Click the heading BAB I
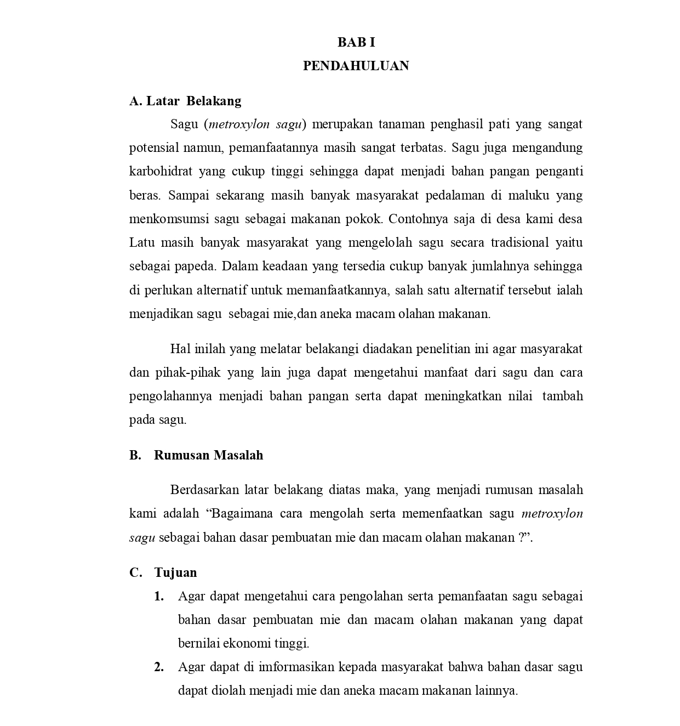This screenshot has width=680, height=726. click(x=356, y=42)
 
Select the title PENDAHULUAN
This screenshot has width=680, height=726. click(x=356, y=66)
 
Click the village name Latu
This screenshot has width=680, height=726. click(x=141, y=242)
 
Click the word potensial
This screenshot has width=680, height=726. click(x=153, y=148)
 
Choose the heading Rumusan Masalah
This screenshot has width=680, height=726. click(x=208, y=455)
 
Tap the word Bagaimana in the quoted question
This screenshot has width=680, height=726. click(x=242, y=514)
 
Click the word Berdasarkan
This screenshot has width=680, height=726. click(x=204, y=490)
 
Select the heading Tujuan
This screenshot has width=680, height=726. click(x=175, y=572)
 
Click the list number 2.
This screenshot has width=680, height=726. click(x=159, y=667)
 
